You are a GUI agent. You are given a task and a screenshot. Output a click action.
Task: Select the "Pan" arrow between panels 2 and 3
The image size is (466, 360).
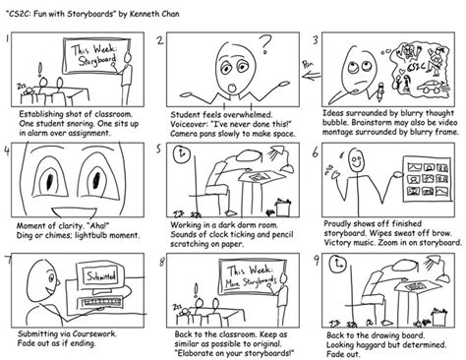(x=307, y=69)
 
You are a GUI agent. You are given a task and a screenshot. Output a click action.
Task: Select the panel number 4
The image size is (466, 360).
(x=10, y=151)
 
